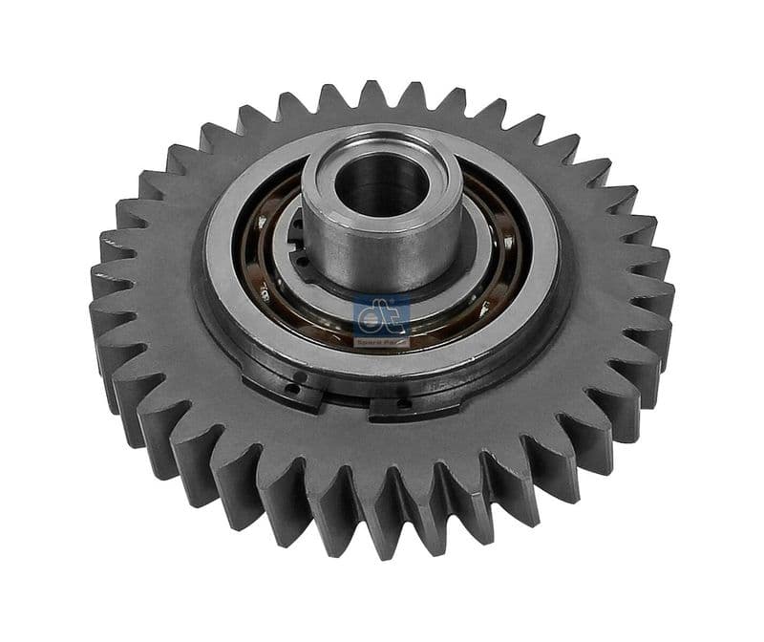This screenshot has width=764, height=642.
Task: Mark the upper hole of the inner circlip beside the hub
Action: click(298, 227)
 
